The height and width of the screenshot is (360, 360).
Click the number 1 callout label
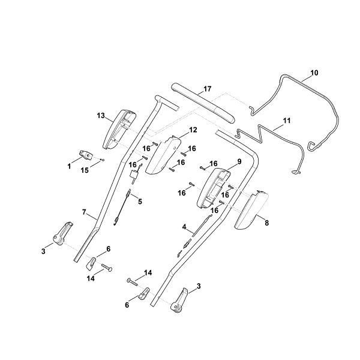point(70,163)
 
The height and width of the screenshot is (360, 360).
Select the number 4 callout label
point(185,227)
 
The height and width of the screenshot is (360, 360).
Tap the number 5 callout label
point(140,201)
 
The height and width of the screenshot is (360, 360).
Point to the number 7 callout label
point(85,212)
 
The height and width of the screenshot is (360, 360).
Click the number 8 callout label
point(266,222)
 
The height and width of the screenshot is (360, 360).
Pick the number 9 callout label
point(239,161)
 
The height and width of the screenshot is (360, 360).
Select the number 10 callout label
point(314,73)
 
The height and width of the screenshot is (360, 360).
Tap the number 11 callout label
point(287,121)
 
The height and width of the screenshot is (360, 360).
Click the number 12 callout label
point(193,130)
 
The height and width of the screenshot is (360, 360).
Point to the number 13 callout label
point(101,115)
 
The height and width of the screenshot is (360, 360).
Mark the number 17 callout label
point(207,89)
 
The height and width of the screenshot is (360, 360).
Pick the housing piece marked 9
point(214,186)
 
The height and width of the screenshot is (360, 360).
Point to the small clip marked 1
point(85,155)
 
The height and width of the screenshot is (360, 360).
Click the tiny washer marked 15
point(103,160)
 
